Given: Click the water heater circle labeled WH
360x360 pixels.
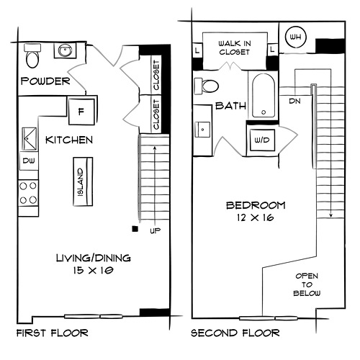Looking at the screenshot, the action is pos(295,37).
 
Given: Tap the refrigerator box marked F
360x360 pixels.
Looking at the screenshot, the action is pos(81,112).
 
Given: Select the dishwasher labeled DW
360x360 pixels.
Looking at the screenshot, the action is pos(29,161).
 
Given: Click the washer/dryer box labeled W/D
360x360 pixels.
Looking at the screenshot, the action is pos(262,140).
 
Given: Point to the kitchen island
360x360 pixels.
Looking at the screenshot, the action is pos(83,181).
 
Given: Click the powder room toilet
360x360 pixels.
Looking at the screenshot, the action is pos(32,55).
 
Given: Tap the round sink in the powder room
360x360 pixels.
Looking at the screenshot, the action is pos(65,50).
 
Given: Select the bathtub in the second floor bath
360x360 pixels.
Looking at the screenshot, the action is pos(264,95).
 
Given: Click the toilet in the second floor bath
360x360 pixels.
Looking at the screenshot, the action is pos(206,86).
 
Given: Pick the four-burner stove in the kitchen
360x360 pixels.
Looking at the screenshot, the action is pos(28,193).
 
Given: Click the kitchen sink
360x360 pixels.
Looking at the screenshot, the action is pos(30,139).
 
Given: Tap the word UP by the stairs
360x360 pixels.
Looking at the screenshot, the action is pos(155,230).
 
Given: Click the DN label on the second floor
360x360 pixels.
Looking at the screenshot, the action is pos(295,101).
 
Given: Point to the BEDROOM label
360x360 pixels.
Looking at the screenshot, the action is pos(256,205).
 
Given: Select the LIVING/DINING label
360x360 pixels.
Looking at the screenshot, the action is pos(94,258).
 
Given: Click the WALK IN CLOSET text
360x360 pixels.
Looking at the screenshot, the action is pos(235,48).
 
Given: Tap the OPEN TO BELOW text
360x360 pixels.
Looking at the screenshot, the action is pos(307,284).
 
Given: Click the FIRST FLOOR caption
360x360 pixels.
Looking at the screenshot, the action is pos(53,333).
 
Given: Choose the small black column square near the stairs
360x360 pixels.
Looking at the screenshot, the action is pos(135,229).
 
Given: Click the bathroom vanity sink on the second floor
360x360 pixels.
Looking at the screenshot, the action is pos(202,130).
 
